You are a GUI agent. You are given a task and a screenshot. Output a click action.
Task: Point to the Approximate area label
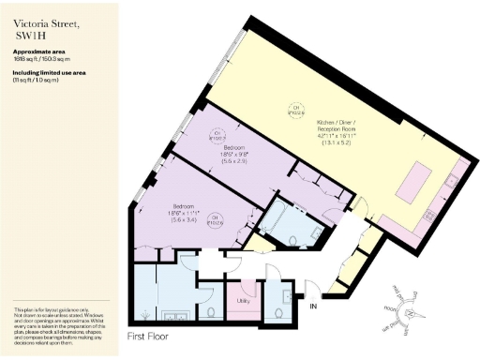[x=40, y=51]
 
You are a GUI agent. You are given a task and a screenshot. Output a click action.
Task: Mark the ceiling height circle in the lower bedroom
[x=217, y=220]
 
